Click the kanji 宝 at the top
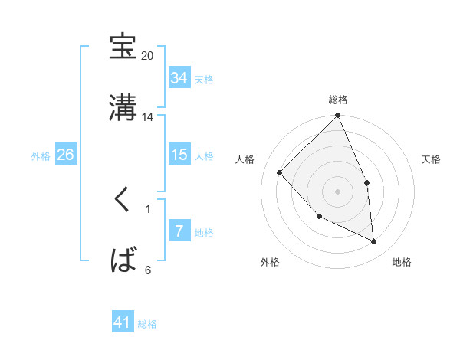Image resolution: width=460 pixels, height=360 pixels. pyautogui.click(x=123, y=47)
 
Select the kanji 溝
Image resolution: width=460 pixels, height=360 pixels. pyautogui.click(x=123, y=107)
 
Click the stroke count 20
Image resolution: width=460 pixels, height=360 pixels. pyautogui.click(x=147, y=56)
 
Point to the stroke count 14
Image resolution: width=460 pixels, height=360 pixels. pyautogui.click(x=147, y=117)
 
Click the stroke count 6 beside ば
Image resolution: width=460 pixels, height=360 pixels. pyautogui.click(x=147, y=270)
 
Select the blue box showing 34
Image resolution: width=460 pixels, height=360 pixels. pyautogui.click(x=179, y=78)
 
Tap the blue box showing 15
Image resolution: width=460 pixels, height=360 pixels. pyautogui.click(x=179, y=155)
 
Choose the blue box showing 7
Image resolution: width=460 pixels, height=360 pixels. pyautogui.click(x=179, y=231)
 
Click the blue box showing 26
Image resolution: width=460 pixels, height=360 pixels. pyautogui.click(x=66, y=155)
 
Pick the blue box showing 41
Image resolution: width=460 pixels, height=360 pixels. pyautogui.click(x=123, y=322)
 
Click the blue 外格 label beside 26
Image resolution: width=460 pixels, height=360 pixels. pyautogui.click(x=41, y=155)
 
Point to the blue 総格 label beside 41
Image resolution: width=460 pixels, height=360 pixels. pyautogui.click(x=147, y=324)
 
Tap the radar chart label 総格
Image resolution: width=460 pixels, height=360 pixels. pyautogui.click(x=338, y=100)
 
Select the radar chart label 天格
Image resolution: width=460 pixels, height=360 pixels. pyautogui.click(x=432, y=159)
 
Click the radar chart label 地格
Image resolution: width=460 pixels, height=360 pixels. pyautogui.click(x=402, y=262)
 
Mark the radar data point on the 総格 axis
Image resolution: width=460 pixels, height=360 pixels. pyautogui.click(x=338, y=116)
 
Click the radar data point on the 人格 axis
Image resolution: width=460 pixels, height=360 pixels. pyautogui.click(x=280, y=172)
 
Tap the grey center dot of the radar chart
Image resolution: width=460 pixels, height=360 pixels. pyautogui.click(x=338, y=191)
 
